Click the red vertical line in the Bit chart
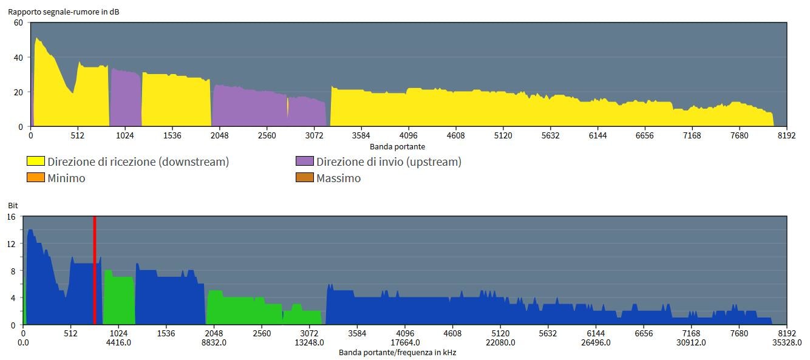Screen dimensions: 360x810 [x=95, y=270]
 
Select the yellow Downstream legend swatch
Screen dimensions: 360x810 [x=35, y=161]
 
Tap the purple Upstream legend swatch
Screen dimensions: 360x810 [x=304, y=161]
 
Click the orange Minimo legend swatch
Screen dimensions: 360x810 [x=35, y=178]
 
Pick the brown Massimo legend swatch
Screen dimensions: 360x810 [x=304, y=178]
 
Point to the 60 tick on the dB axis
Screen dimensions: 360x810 [x=18, y=23]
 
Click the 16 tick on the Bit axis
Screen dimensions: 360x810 [x=10, y=217]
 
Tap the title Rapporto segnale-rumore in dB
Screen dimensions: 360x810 [x=63, y=12]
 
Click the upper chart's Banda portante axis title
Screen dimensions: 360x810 [x=397, y=146]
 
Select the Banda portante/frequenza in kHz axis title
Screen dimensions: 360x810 [x=397, y=352]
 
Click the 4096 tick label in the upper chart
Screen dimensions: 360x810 [x=409, y=136]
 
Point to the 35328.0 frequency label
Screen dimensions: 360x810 [x=786, y=342]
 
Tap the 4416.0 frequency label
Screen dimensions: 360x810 [x=118, y=342]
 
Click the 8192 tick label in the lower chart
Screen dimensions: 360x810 [x=786, y=333]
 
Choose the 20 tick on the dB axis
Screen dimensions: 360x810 [x=18, y=92]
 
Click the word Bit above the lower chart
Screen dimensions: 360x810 [x=12, y=206]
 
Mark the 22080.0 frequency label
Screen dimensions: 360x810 [x=500, y=342]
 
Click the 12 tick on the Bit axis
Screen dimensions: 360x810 [x=10, y=243]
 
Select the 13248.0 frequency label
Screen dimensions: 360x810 [x=310, y=342]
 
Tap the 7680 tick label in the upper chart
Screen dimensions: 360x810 [x=739, y=136]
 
